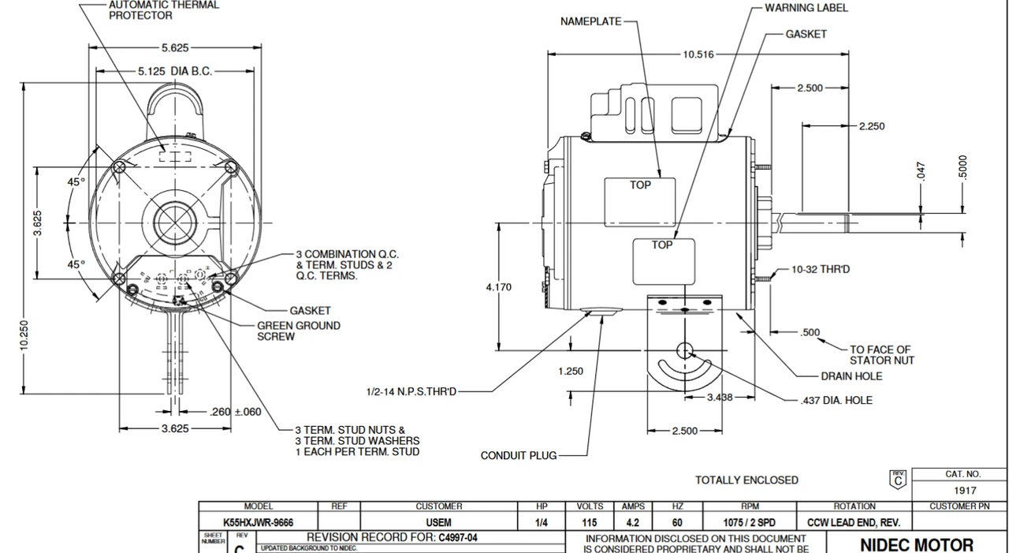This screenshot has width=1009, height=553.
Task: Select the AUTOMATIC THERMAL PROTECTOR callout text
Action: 164,10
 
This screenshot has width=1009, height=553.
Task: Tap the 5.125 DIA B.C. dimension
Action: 175,71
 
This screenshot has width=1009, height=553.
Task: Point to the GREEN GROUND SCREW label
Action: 299,331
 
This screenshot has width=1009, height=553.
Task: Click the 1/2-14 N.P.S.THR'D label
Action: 411,391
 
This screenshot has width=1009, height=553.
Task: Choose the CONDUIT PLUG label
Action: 518,455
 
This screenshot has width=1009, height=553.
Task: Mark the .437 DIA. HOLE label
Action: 836,400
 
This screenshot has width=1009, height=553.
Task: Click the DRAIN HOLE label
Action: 851,376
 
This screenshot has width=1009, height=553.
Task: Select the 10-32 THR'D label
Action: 821,269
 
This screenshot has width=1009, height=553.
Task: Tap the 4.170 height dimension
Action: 498,287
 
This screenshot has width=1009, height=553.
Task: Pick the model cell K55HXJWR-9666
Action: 258,522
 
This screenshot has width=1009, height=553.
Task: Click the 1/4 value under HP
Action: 541,522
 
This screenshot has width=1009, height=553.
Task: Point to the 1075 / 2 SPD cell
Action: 750,522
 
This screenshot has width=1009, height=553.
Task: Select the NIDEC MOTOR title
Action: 916,544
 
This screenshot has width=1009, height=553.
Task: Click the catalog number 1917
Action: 964,490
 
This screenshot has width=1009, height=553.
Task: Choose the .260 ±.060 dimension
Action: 236,412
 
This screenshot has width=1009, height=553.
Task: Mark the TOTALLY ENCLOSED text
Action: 746,480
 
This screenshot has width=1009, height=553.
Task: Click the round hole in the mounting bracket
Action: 684,351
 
